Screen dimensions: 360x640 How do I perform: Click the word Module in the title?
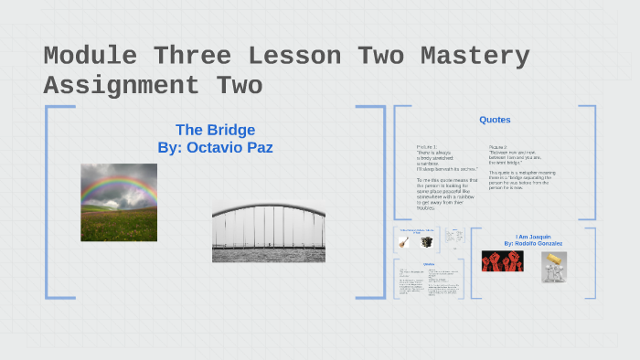[x=90, y=57]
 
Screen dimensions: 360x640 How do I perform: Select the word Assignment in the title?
[x=121, y=86]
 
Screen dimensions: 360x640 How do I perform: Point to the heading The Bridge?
[x=215, y=130]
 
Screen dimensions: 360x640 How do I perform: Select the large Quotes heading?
[x=495, y=120]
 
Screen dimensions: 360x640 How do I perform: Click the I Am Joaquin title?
[x=533, y=237]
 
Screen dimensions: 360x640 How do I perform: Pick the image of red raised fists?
[x=502, y=262]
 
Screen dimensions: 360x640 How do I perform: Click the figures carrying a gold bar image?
[x=553, y=266]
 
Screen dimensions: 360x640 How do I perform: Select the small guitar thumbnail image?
[x=402, y=242]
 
